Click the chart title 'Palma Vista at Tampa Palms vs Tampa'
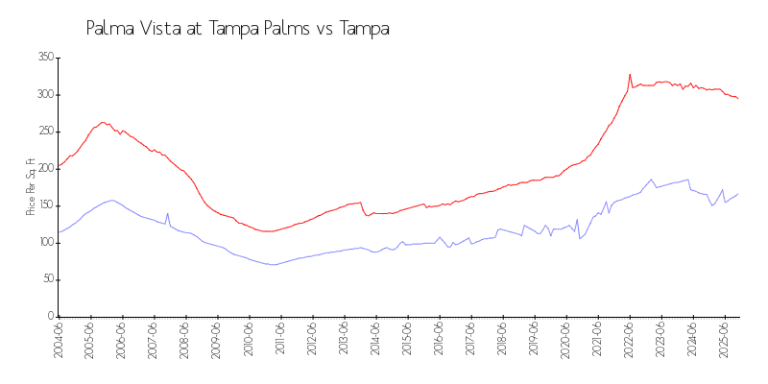pyautogui.click(x=237, y=29)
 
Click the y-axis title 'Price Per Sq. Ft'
pyautogui.click(x=31, y=186)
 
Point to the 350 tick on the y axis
pyautogui.click(x=44, y=58)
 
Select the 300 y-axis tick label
pyautogui.click(x=44, y=94)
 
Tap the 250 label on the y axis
pyautogui.click(x=44, y=132)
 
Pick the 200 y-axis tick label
pyautogui.click(x=44, y=168)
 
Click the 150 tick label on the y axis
pyautogui.click(x=44, y=205)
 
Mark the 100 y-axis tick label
pyautogui.click(x=44, y=242)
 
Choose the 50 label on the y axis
pyautogui.click(x=46, y=279)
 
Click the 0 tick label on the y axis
pyautogui.click(x=49, y=316)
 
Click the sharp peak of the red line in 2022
pyautogui.click(x=630, y=74)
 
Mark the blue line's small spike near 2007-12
pyautogui.click(x=168, y=213)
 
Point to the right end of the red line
pyautogui.click(x=737, y=99)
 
